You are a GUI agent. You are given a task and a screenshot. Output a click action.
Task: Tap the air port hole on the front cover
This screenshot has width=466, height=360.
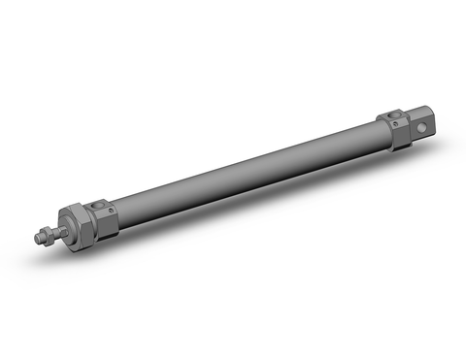[x=96, y=204]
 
